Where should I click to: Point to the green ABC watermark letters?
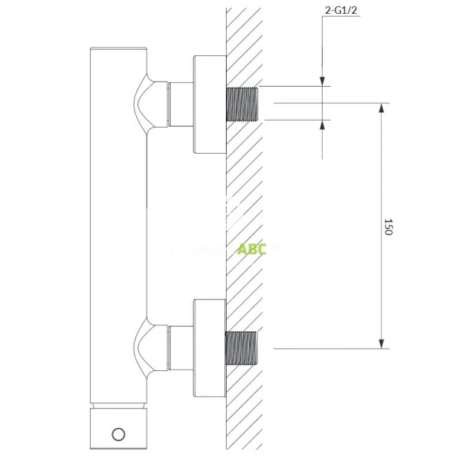tap(252, 250)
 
